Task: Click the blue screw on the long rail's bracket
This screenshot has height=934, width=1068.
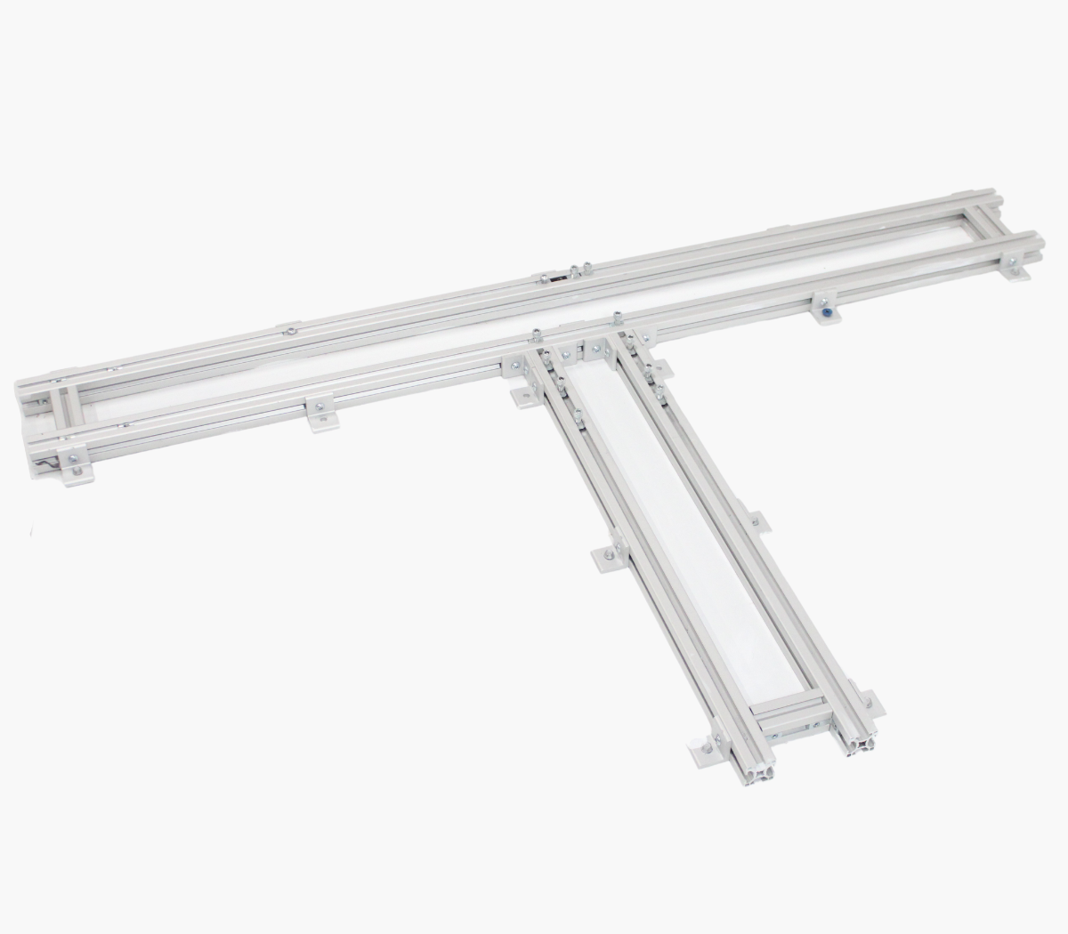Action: coord(828,312)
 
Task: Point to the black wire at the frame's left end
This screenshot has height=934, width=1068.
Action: coord(44,461)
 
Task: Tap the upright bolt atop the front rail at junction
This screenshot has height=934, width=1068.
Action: coord(616,317)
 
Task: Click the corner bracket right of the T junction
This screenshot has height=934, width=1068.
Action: coord(643,337)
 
